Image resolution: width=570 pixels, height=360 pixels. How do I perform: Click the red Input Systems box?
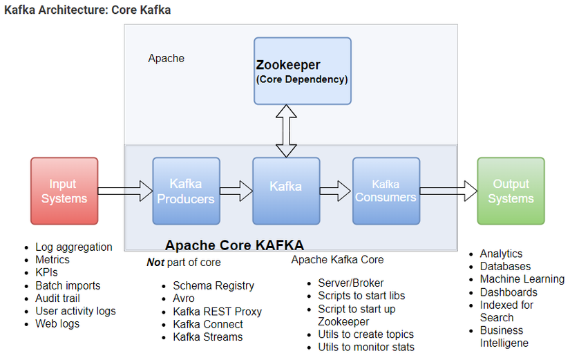[x=64, y=191]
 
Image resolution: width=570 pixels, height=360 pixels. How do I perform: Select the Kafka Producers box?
[x=186, y=191]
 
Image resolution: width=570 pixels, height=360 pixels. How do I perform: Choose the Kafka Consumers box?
[x=386, y=191]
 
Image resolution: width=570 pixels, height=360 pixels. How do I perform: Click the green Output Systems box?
[x=511, y=191]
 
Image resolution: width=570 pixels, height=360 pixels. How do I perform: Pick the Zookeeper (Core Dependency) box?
[x=302, y=71]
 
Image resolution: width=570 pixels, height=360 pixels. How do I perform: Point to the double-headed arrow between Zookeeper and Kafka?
[x=286, y=131]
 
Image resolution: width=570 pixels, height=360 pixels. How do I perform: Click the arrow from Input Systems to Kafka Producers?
[x=125, y=190]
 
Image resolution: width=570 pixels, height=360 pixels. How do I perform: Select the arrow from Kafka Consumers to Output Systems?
[x=448, y=190]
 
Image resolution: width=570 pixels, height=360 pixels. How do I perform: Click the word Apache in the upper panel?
[x=166, y=59]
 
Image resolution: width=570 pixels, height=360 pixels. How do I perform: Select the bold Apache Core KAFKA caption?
[x=234, y=245]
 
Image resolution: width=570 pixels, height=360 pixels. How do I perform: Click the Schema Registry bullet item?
[x=213, y=286]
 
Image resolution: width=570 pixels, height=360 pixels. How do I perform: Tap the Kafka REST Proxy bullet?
[x=217, y=312]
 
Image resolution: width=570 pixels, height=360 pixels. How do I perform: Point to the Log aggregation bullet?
[x=73, y=247]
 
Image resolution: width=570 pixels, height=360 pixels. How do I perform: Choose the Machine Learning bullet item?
[x=522, y=279]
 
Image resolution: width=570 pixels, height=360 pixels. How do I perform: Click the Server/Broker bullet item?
[x=351, y=283]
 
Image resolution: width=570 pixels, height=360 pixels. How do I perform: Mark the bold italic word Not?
[x=155, y=263]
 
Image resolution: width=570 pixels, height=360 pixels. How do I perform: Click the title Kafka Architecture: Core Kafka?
[x=88, y=10]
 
